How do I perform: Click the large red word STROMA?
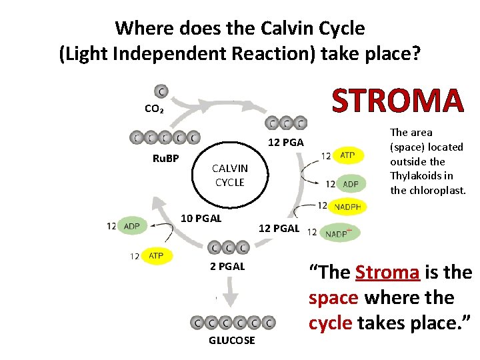click(397, 101)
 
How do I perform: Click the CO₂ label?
click(155, 108)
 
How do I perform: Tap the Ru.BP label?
click(166, 158)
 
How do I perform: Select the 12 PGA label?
click(285, 142)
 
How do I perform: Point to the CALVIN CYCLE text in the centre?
click(229, 175)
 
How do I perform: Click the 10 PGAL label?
click(202, 218)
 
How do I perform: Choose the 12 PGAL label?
click(279, 229)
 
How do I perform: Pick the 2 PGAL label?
click(227, 266)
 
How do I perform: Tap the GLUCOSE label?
click(231, 340)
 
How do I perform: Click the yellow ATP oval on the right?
click(347, 155)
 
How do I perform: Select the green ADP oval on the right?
click(349, 183)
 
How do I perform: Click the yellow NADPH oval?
click(347, 207)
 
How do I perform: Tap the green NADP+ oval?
click(339, 233)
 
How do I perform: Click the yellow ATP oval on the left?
click(155, 255)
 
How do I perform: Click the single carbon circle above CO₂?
click(161, 91)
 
